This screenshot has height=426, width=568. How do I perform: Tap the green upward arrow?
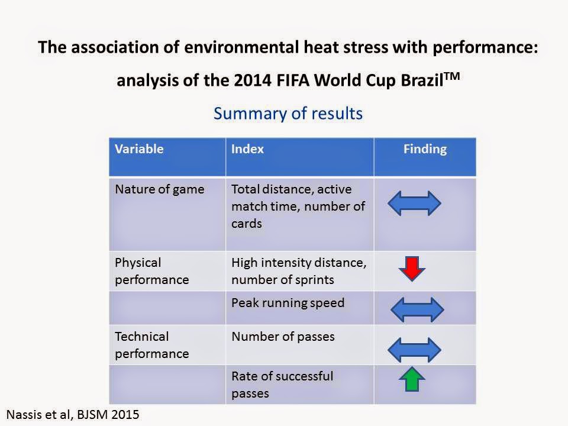(412, 379)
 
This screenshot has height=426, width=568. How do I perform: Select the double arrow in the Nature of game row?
(414, 203)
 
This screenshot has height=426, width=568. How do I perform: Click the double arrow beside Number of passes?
(414, 349)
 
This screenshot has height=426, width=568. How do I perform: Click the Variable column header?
(139, 149)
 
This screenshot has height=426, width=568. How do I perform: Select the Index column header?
(247, 149)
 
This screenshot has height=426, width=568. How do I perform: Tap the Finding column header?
(425, 149)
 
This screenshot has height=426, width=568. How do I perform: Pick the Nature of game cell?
(159, 190)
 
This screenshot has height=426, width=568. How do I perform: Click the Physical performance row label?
(151, 271)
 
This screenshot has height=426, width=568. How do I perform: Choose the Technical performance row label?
(151, 345)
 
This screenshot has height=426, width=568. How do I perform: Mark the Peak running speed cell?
(288, 303)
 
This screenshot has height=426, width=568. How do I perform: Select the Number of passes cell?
(283, 337)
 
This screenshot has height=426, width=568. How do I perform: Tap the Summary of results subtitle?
(288, 113)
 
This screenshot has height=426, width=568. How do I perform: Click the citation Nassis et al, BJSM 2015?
(72, 414)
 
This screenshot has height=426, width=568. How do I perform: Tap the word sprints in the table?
(318, 280)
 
